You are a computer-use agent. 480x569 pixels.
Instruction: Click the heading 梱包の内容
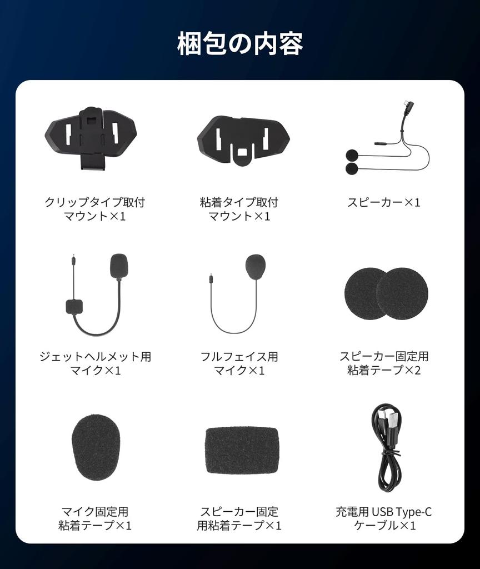point(240,44)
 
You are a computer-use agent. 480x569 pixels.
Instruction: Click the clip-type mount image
point(91,136)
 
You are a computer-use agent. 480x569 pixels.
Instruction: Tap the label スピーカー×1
point(384,202)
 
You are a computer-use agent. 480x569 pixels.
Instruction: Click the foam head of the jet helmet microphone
point(119,266)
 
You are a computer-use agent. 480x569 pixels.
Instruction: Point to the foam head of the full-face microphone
point(255,267)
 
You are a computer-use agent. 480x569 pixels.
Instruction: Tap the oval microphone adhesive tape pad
point(96,447)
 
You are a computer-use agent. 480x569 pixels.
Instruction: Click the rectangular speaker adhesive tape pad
point(242,450)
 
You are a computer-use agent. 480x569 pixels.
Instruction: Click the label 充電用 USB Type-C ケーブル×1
point(384,518)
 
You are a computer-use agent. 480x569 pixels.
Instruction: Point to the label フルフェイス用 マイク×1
point(239,363)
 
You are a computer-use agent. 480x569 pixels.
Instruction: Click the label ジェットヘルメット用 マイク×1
point(95,363)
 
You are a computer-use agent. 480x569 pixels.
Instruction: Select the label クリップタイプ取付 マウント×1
point(95,209)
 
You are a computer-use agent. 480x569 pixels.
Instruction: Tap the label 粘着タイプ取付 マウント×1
point(239,209)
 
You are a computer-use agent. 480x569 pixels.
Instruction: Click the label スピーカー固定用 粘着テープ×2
point(384,363)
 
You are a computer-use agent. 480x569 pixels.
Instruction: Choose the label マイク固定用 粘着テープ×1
point(95,518)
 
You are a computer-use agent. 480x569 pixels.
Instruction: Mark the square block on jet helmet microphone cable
point(74,306)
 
